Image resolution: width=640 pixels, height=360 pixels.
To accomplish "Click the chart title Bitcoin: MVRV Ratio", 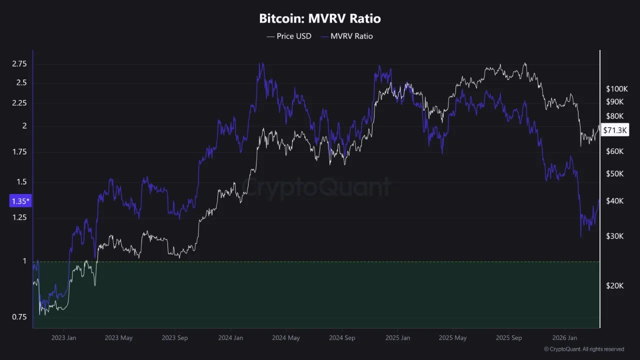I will pos(320,19).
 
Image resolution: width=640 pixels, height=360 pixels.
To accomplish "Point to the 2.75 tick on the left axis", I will pos(19,64).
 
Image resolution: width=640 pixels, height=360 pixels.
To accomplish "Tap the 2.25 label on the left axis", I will pos(19,103).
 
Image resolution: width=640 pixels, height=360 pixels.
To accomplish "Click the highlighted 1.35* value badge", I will pos(20,201).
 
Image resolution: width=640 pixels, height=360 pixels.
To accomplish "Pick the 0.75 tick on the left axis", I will pos(19,317).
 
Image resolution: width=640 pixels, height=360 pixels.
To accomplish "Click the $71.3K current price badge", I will pos(615,130).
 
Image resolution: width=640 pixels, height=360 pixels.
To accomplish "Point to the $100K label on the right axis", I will pos(616,89).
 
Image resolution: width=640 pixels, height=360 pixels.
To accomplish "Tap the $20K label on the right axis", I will pos(615,285).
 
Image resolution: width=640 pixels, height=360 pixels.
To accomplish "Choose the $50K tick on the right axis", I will pos(615,173).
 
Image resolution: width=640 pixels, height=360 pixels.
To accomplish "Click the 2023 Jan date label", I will pos(63,338).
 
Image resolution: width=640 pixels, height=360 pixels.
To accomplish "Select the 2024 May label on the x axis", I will pos(286,338).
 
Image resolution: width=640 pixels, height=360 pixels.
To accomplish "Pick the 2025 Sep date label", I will pos(509,338).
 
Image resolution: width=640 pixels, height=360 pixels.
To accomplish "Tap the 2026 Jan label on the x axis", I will pos(564,338).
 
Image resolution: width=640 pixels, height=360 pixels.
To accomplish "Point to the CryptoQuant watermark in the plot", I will pos(316,187).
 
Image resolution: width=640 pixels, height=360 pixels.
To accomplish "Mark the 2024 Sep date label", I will pos(342,338).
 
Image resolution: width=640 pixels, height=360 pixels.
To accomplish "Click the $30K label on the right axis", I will pos(615,236).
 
